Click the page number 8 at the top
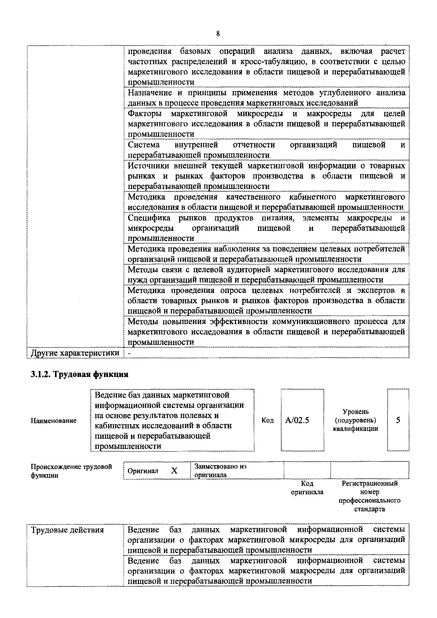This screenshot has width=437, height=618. (218, 34)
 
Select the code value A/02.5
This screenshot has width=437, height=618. (297, 420)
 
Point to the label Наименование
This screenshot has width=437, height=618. (54, 420)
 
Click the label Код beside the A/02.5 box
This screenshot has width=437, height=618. (267, 420)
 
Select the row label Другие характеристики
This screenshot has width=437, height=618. (75, 353)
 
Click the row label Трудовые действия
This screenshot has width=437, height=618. (67, 530)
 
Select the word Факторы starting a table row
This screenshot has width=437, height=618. (145, 114)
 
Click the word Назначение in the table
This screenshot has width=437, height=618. (150, 93)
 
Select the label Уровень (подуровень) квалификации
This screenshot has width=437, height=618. (355, 420)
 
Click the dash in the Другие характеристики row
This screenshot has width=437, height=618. (129, 353)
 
